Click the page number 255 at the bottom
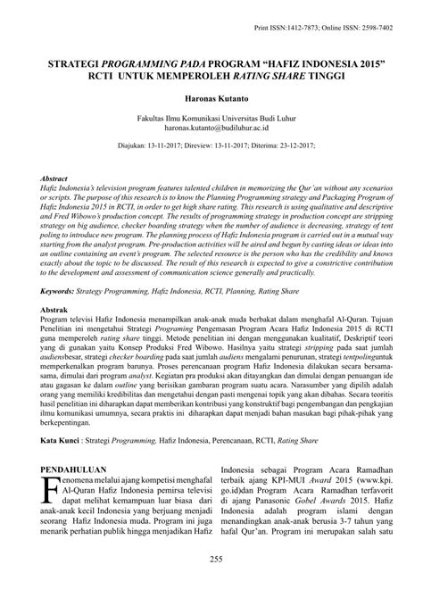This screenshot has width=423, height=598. pyautogui.click(x=211, y=584)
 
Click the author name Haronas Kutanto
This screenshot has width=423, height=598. pyautogui.click(x=211, y=94)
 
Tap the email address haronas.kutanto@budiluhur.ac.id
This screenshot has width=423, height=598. pyautogui.click(x=211, y=126)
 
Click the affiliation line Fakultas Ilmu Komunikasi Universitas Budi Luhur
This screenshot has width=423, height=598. pyautogui.click(x=211, y=116)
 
